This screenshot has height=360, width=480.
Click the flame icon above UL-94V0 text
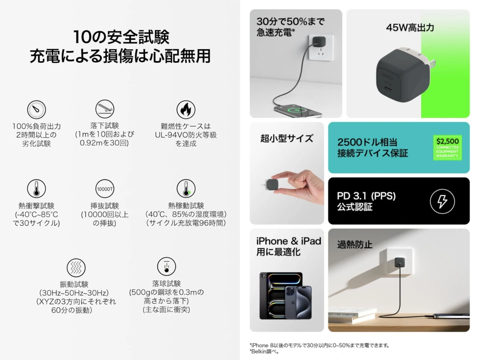pos(186,109)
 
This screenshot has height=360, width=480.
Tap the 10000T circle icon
pos(105,189)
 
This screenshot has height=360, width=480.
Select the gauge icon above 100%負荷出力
pos(36,110)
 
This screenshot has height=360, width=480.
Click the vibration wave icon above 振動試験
pos(76,267)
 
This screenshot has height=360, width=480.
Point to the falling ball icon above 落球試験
pos(166,266)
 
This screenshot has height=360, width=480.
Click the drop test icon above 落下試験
pos(105,109)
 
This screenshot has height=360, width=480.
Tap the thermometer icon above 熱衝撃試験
pos(36,189)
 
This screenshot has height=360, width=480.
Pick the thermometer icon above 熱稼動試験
pos(186,189)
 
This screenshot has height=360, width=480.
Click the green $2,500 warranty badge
pos(447,147)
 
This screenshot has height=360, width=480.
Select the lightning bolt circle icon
pos(442,201)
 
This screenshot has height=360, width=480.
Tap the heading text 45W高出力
pos(410,28)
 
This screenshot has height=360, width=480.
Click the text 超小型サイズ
pos(286,139)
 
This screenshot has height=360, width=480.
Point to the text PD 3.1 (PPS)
pos(366,196)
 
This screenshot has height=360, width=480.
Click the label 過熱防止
pos(354,245)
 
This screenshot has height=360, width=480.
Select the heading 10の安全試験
pos(121,37)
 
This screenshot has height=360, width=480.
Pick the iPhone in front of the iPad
pos(298,302)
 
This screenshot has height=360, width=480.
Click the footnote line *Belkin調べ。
pos(265,352)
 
